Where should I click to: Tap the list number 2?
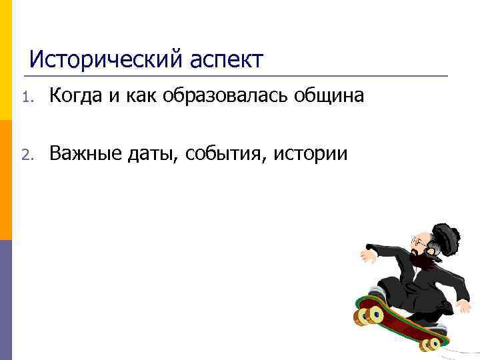click(26, 155)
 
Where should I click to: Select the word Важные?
click(83, 154)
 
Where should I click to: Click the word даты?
click(151, 155)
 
